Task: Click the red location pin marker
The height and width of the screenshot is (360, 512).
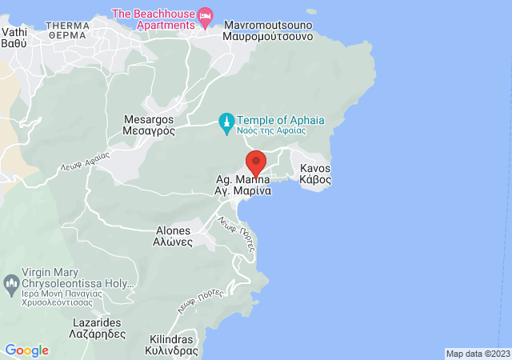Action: (x=255, y=162)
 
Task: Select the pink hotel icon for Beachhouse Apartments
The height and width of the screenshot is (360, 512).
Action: (x=206, y=14)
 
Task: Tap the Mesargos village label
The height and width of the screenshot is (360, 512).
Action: (x=150, y=125)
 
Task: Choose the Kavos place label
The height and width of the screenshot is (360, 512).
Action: (x=315, y=174)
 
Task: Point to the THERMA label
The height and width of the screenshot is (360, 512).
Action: (x=68, y=30)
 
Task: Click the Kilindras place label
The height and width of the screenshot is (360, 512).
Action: (x=172, y=345)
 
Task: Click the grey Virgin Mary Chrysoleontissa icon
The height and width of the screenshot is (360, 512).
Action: (x=11, y=282)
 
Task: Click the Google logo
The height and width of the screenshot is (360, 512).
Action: (x=26, y=350)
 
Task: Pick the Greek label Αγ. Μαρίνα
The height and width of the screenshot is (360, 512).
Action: (x=243, y=192)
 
